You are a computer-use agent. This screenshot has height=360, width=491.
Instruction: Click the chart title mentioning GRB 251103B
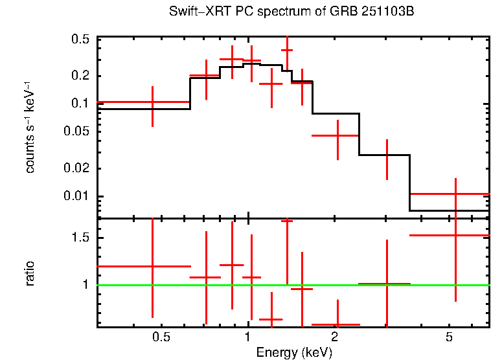click(x=291, y=12)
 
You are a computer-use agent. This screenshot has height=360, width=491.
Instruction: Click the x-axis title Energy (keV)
click(x=294, y=352)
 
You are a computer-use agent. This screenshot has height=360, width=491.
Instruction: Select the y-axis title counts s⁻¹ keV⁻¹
click(x=30, y=127)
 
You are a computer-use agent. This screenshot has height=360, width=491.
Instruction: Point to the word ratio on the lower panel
click(x=30, y=273)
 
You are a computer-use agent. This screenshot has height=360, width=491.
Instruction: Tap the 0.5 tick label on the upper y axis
click(x=80, y=39)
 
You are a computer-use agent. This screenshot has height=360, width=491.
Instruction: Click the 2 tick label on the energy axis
click(x=334, y=337)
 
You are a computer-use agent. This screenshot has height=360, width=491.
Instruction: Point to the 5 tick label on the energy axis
click(x=449, y=337)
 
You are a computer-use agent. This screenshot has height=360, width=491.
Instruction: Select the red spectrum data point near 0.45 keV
click(x=152, y=102)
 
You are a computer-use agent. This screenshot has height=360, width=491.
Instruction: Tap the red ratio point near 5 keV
click(x=456, y=235)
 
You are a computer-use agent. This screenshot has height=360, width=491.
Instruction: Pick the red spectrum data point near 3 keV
click(x=387, y=155)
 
